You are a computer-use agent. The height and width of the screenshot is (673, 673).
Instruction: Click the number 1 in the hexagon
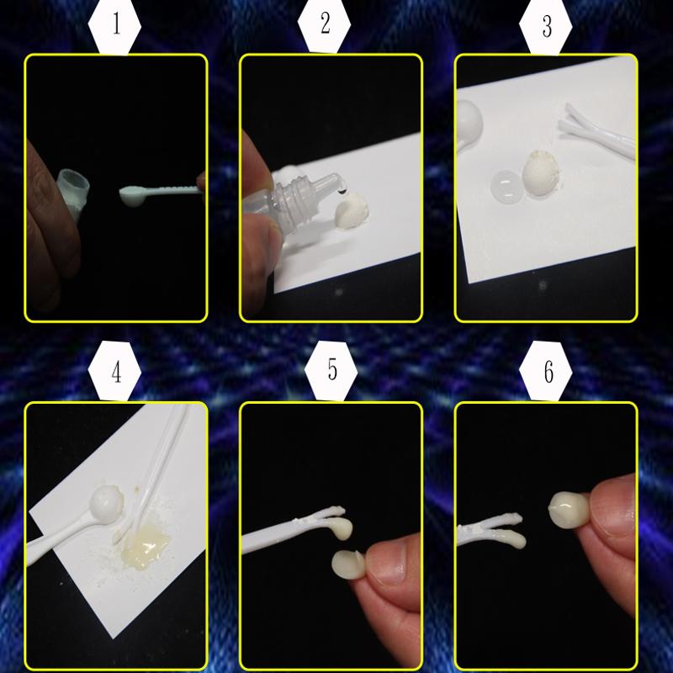coord(116,24)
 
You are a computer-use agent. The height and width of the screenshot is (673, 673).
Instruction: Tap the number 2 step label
coord(326,24)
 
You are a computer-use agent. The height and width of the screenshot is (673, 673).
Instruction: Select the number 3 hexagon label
coord(547,27)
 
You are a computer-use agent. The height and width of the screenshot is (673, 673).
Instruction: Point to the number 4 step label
coord(116,372)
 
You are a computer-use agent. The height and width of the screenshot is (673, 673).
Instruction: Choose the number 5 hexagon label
coord(332,369)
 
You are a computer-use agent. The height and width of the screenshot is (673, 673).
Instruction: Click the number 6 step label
coord(548,372)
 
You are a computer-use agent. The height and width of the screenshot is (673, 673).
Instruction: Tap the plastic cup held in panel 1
coord(72,193)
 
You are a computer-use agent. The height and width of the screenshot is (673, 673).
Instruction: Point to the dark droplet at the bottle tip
coord(342,192)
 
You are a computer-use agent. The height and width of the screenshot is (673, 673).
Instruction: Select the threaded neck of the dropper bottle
coord(289,199)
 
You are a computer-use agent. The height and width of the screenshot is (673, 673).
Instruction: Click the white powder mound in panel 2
coord(352,210)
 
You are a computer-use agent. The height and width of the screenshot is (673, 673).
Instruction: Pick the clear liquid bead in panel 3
coord(506,187)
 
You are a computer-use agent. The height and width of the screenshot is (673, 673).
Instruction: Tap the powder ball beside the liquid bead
coord(541,173)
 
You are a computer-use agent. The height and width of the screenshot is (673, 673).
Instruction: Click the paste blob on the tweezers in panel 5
coord(343,529)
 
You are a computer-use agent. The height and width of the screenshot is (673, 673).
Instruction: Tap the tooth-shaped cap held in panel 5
coord(349,564)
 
